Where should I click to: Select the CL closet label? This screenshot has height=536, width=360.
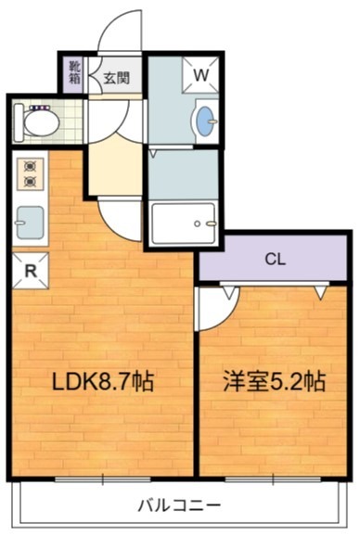tap(275, 259)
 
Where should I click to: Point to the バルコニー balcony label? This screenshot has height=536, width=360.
tap(180, 506)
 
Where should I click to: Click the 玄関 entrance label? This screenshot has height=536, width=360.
tap(116, 79)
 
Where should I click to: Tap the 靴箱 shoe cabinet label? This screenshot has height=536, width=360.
tap(72, 73)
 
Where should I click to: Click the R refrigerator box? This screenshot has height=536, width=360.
tap(31, 271)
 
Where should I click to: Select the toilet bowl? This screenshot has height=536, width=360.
tap(38, 120)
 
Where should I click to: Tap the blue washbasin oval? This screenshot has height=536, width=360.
tap(205, 121)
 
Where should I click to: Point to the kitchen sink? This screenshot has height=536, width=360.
tap(31, 223)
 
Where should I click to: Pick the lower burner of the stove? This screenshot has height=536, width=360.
tap(29, 182)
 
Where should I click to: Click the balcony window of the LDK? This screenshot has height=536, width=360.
tap(93, 477)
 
